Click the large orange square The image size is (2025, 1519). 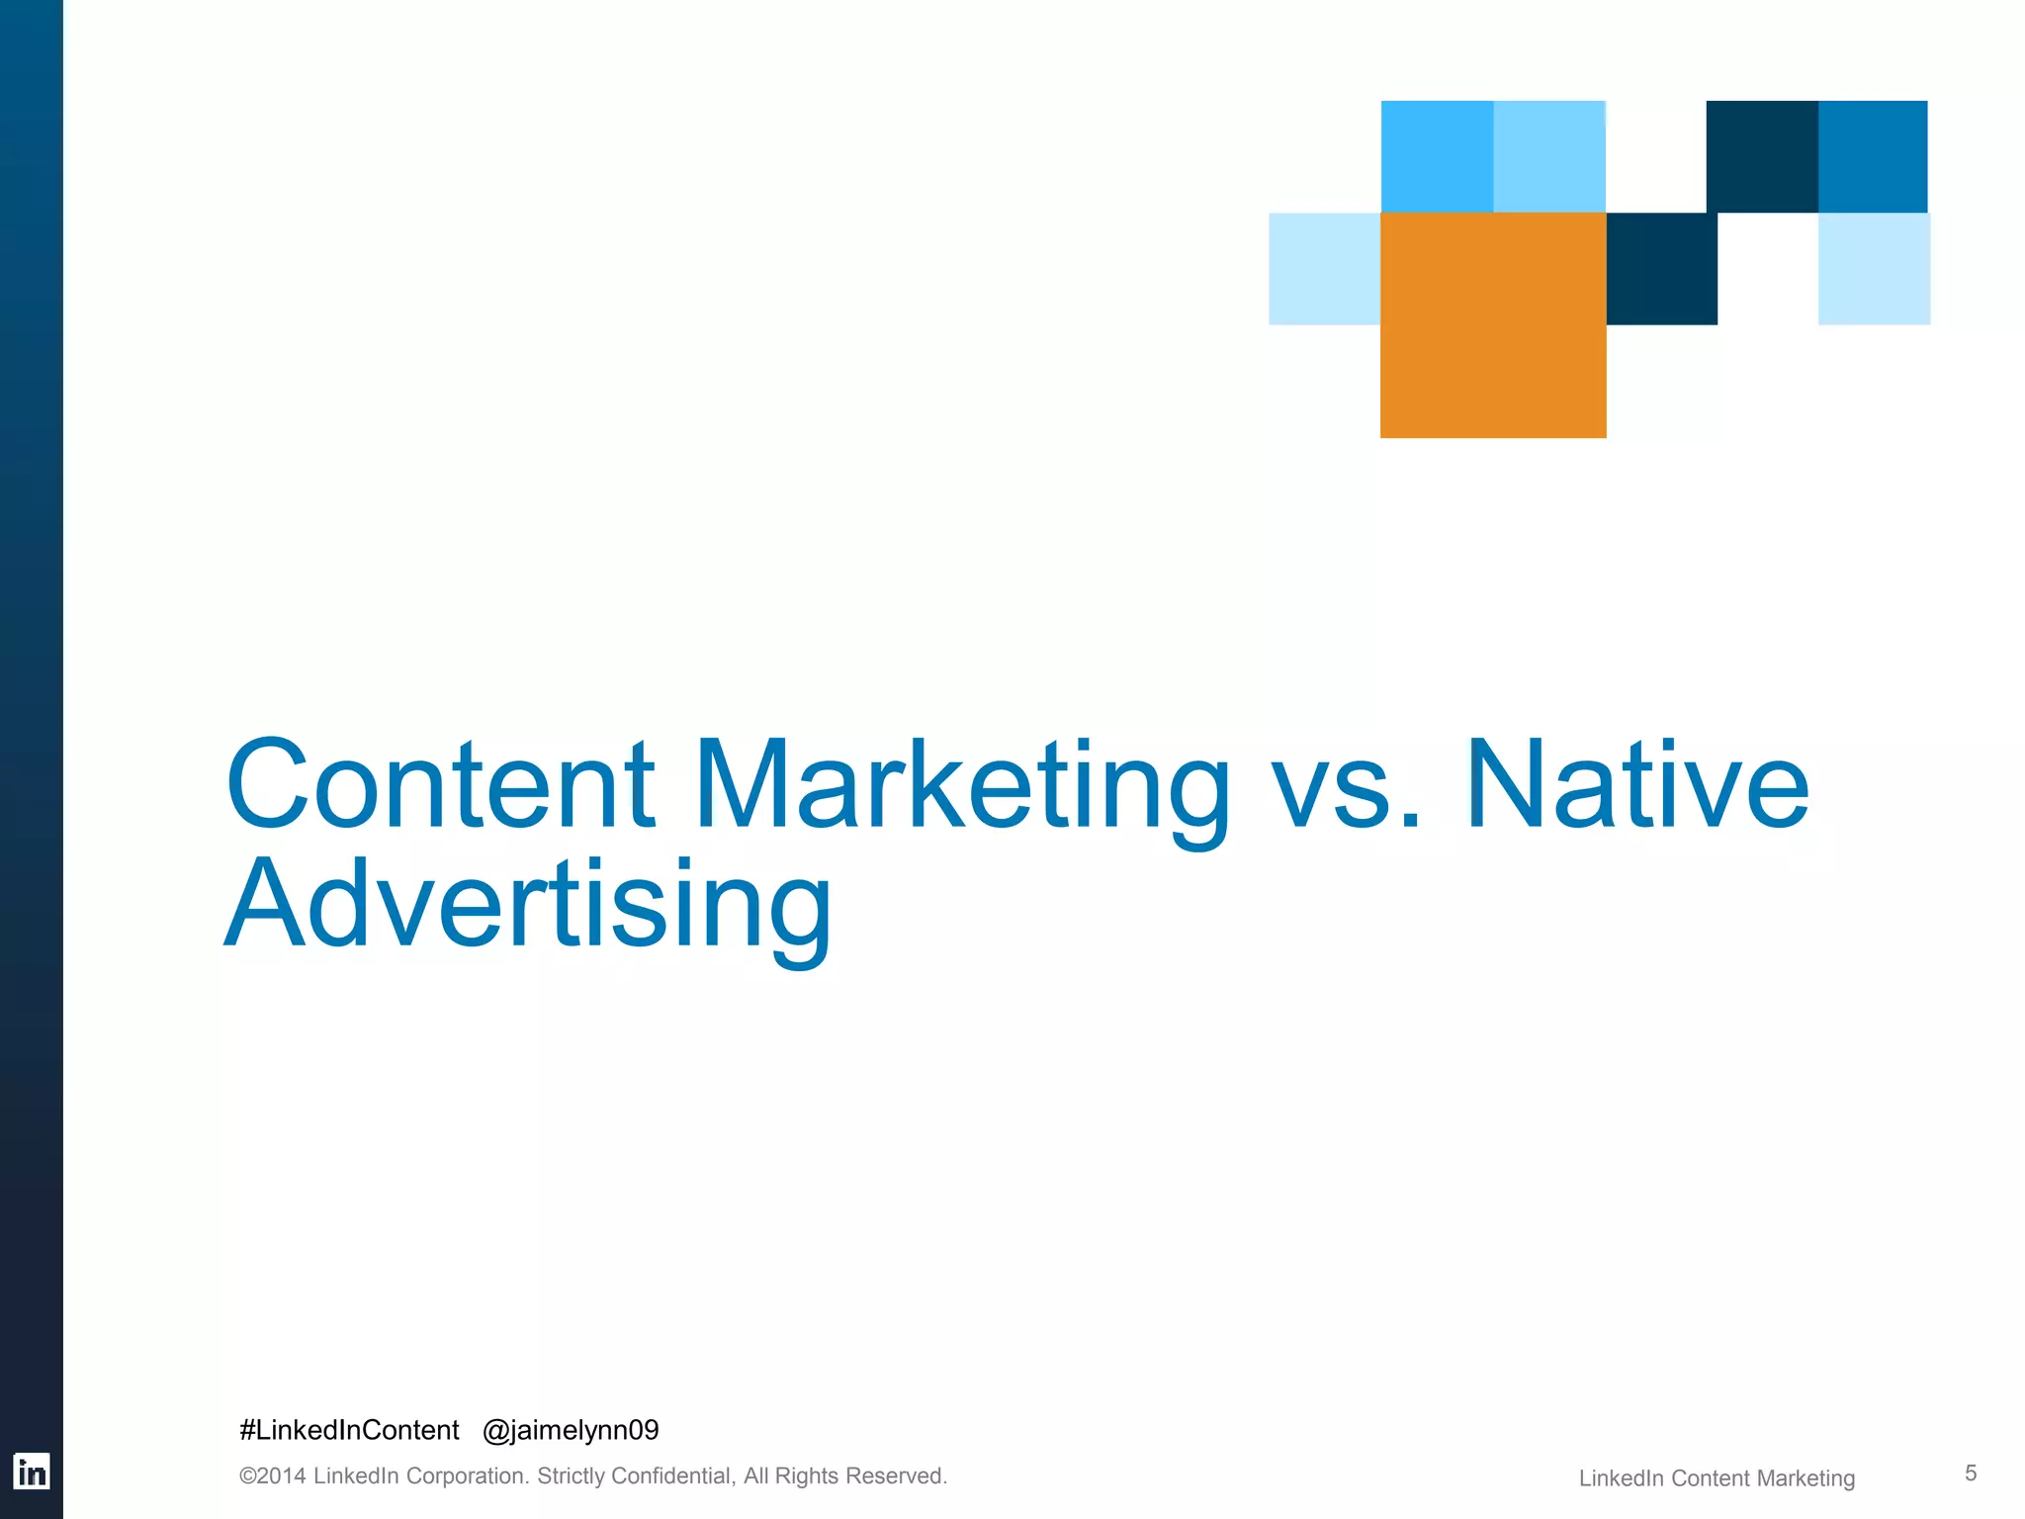[1493, 324]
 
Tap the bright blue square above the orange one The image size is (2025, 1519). [1437, 156]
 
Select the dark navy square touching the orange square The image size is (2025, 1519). [1661, 268]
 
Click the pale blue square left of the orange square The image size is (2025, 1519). [1324, 268]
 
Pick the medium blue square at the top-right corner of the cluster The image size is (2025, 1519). [1873, 156]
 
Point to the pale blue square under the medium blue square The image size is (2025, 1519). [1874, 268]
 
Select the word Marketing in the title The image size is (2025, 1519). [961, 785]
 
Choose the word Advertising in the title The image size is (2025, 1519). [528, 905]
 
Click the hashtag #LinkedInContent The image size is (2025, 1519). [349, 1430]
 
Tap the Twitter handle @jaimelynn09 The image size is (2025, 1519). [571, 1430]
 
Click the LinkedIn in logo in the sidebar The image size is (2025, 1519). [32, 1473]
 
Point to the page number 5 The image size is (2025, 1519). [1970, 1474]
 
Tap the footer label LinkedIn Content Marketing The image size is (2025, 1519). [1717, 1478]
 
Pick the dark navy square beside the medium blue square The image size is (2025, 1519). [1761, 156]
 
